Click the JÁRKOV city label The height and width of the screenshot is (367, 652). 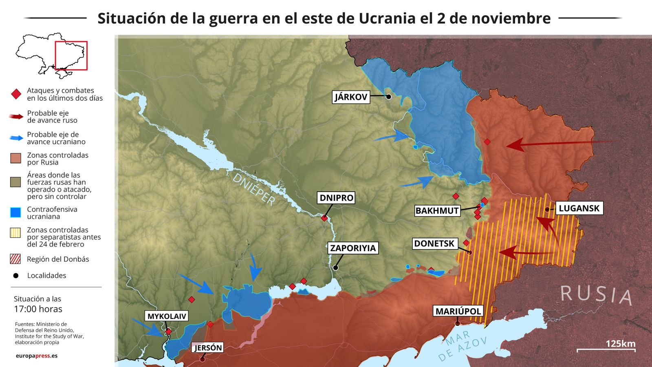point(351,97)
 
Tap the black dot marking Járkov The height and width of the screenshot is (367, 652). point(388,97)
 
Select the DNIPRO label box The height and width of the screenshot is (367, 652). point(336,198)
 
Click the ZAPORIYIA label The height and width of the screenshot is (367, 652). point(353,248)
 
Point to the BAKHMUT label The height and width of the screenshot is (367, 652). point(437,211)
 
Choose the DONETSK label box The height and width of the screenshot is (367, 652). point(434,244)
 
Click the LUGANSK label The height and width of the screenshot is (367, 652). point(579,208)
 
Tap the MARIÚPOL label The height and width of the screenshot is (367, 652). point(458,312)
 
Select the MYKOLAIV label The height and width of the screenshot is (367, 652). point(167,316)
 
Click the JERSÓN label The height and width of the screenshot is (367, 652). point(208,348)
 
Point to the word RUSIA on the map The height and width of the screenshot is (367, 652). point(596,294)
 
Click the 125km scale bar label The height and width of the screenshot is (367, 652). point(620,343)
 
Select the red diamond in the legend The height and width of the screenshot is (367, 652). point(16,94)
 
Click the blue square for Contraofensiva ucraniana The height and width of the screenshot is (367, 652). point(15,212)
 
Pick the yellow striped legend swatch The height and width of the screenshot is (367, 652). point(15,233)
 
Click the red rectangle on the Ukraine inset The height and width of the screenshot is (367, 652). point(71,55)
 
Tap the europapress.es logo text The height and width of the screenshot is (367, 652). point(37,356)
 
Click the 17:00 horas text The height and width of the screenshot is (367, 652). point(38,309)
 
